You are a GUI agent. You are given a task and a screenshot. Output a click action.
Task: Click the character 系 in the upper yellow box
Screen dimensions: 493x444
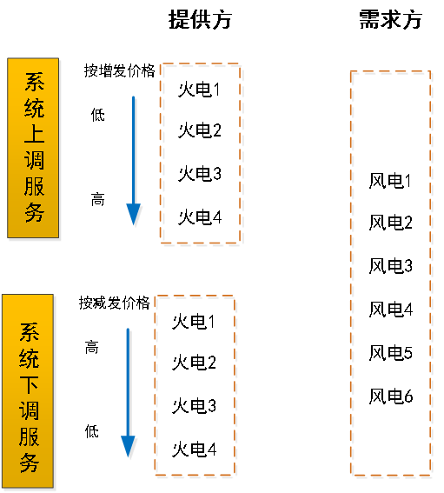(34, 83)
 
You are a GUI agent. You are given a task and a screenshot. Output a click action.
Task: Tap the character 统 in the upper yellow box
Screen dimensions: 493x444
(34, 109)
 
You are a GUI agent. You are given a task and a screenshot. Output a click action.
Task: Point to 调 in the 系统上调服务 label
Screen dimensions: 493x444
(34, 161)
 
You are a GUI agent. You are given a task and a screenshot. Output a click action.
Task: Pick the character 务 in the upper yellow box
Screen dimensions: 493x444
(34, 212)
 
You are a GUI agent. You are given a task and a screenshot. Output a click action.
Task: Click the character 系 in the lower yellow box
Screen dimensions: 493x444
(29, 333)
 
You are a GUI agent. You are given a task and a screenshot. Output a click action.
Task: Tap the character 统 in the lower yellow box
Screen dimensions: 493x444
(29, 359)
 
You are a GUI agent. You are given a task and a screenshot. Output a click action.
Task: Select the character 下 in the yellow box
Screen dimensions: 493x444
(29, 385)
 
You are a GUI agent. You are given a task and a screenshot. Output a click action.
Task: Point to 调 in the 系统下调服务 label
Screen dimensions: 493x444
(29, 410)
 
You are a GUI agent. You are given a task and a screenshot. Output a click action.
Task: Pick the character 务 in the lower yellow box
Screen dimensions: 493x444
(29, 462)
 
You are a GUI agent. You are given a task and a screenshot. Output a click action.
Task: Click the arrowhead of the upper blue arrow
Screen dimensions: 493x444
(134, 215)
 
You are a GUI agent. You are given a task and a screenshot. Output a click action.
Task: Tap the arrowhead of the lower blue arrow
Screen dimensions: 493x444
(129, 447)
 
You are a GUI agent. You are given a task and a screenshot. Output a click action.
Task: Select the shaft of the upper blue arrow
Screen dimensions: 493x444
(134, 148)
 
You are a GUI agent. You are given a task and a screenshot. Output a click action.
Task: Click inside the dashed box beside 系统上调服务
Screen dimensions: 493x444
(202, 154)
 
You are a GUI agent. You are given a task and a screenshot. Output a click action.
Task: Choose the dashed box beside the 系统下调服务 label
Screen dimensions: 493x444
(195, 386)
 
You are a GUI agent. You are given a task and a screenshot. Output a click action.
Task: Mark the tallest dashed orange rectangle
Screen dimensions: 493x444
(391, 274)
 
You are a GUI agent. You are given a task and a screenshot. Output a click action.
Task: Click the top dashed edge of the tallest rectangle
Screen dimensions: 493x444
(391, 73)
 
